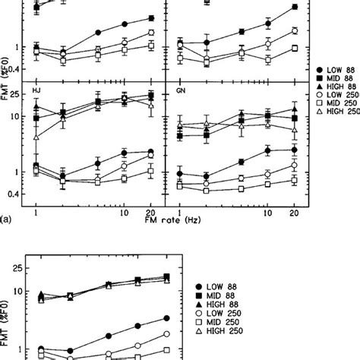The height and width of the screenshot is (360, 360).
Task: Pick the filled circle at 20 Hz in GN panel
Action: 294,151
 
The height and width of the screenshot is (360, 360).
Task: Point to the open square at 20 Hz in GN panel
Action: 294,179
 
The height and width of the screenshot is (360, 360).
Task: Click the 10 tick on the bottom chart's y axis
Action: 17,292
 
